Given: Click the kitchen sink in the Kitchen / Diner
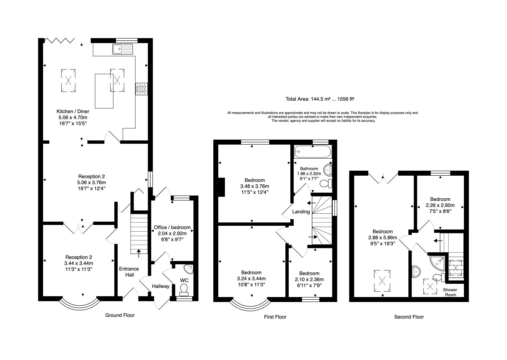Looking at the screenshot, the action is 122,49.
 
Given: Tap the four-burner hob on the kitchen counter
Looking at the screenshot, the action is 142,89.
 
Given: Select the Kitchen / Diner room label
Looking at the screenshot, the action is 73,111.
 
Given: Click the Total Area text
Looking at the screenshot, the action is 320,99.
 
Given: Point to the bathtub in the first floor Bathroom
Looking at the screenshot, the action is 313,152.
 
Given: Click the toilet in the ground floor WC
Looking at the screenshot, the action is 184,290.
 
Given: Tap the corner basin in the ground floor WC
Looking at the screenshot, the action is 189,269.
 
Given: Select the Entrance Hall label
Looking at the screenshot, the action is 129,272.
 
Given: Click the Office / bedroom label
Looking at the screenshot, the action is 172,227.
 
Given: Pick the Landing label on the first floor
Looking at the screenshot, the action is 301,212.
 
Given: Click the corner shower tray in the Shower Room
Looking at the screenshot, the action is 437,263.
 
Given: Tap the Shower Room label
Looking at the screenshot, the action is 450,292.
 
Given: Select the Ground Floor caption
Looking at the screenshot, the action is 120,315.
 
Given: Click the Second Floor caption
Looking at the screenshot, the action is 409,317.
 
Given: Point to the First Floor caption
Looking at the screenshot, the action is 275,317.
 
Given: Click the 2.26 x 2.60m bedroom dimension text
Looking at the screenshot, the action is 440,205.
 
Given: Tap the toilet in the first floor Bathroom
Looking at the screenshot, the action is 326,183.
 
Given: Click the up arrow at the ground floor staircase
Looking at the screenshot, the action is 139,253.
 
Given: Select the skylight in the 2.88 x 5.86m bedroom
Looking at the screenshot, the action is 382,281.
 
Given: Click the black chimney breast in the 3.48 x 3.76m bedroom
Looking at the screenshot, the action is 221,187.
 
